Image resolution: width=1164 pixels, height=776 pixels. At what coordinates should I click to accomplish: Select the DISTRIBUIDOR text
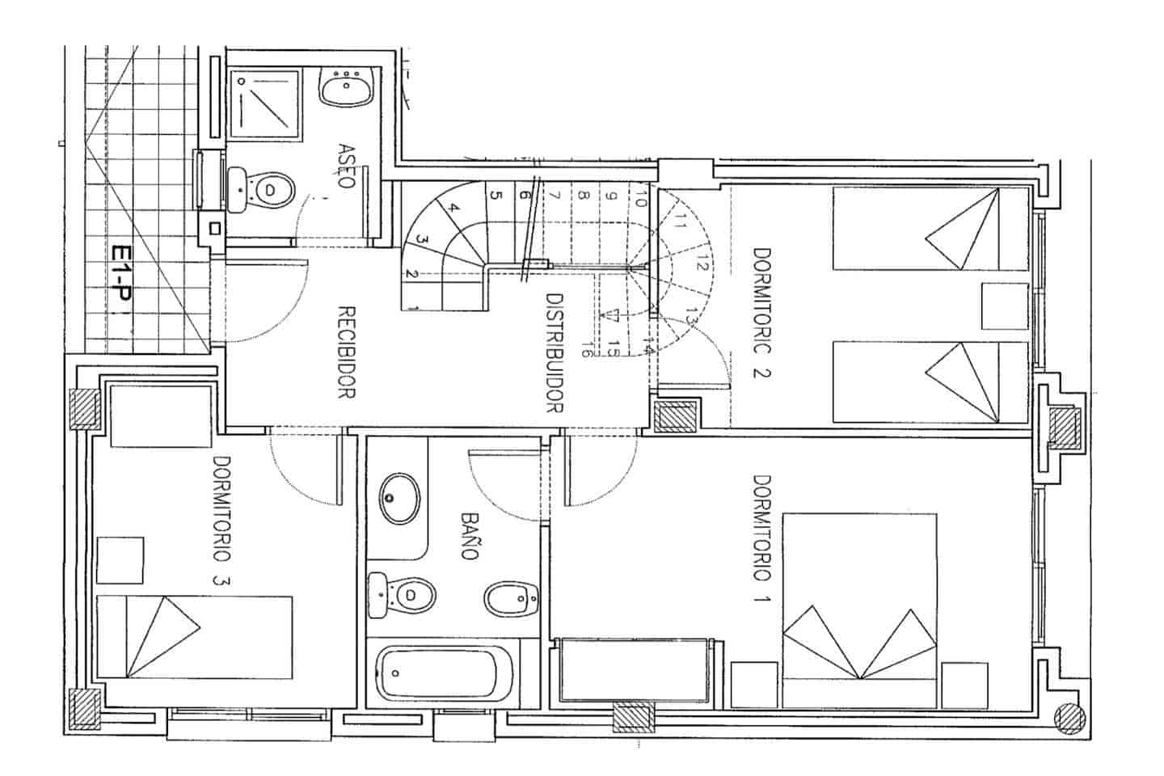coord(554,352)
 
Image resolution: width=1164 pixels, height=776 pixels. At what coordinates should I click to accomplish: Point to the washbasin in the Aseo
coord(347,86)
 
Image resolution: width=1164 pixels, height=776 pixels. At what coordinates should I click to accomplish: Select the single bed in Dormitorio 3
coord(194,638)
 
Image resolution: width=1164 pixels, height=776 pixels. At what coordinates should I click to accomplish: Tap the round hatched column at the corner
coord(1070,716)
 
